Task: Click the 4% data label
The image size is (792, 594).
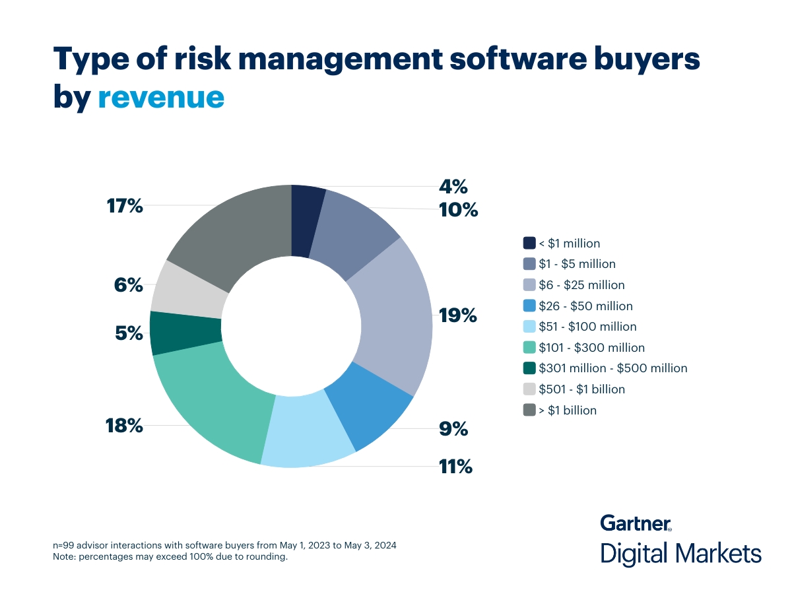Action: click(x=454, y=187)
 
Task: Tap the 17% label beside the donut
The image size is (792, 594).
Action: click(x=125, y=206)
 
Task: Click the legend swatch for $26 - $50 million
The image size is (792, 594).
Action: click(x=529, y=306)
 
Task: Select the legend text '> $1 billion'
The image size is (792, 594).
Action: click(x=568, y=411)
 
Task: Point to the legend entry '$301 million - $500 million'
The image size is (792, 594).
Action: click(x=613, y=368)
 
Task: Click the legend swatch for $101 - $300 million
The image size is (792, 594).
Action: click(x=529, y=347)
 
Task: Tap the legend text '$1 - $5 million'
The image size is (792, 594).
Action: click(x=577, y=264)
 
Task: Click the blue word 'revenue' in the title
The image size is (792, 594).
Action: click(x=161, y=96)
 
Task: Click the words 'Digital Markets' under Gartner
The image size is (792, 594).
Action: click(x=680, y=553)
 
